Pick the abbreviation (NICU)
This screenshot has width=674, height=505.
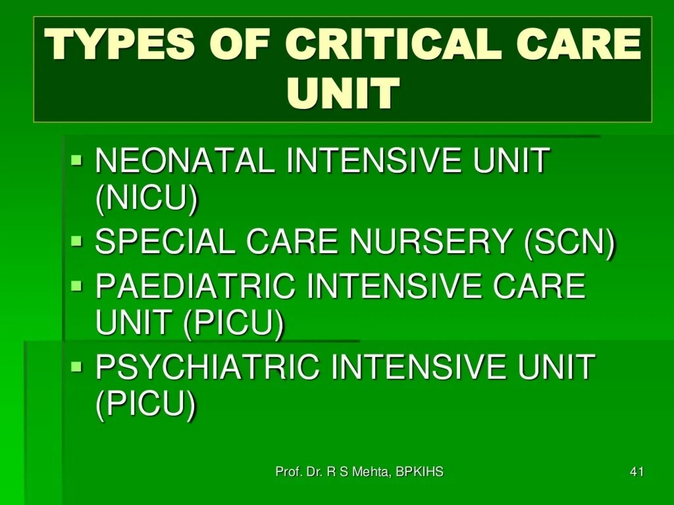point(147,199)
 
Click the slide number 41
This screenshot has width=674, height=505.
point(636,472)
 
